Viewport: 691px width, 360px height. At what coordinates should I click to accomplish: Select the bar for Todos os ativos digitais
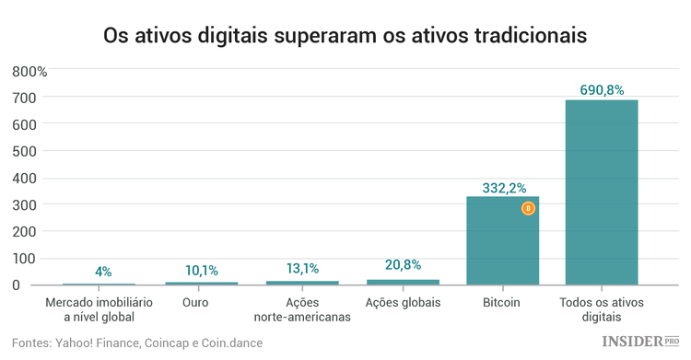(x=602, y=192)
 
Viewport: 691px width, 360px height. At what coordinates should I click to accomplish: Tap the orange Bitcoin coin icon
(x=528, y=209)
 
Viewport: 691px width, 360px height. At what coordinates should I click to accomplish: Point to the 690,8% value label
(x=602, y=89)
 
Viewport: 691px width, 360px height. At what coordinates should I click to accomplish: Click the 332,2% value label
(x=502, y=187)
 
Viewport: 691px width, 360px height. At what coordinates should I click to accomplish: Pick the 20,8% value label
(x=403, y=265)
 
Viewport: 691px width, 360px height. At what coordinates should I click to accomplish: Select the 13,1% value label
(x=302, y=269)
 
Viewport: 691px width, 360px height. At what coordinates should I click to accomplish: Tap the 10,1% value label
(x=202, y=270)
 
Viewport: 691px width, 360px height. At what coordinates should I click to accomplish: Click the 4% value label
(x=103, y=272)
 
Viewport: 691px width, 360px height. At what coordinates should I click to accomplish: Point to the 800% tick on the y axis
(x=37, y=71)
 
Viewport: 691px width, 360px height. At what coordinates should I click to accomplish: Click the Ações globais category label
(x=403, y=302)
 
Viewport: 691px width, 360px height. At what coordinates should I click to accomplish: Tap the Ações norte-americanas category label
(x=302, y=309)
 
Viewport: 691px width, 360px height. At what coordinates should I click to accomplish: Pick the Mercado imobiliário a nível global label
(x=99, y=309)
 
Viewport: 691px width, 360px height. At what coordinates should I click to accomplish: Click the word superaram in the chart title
(x=329, y=37)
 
